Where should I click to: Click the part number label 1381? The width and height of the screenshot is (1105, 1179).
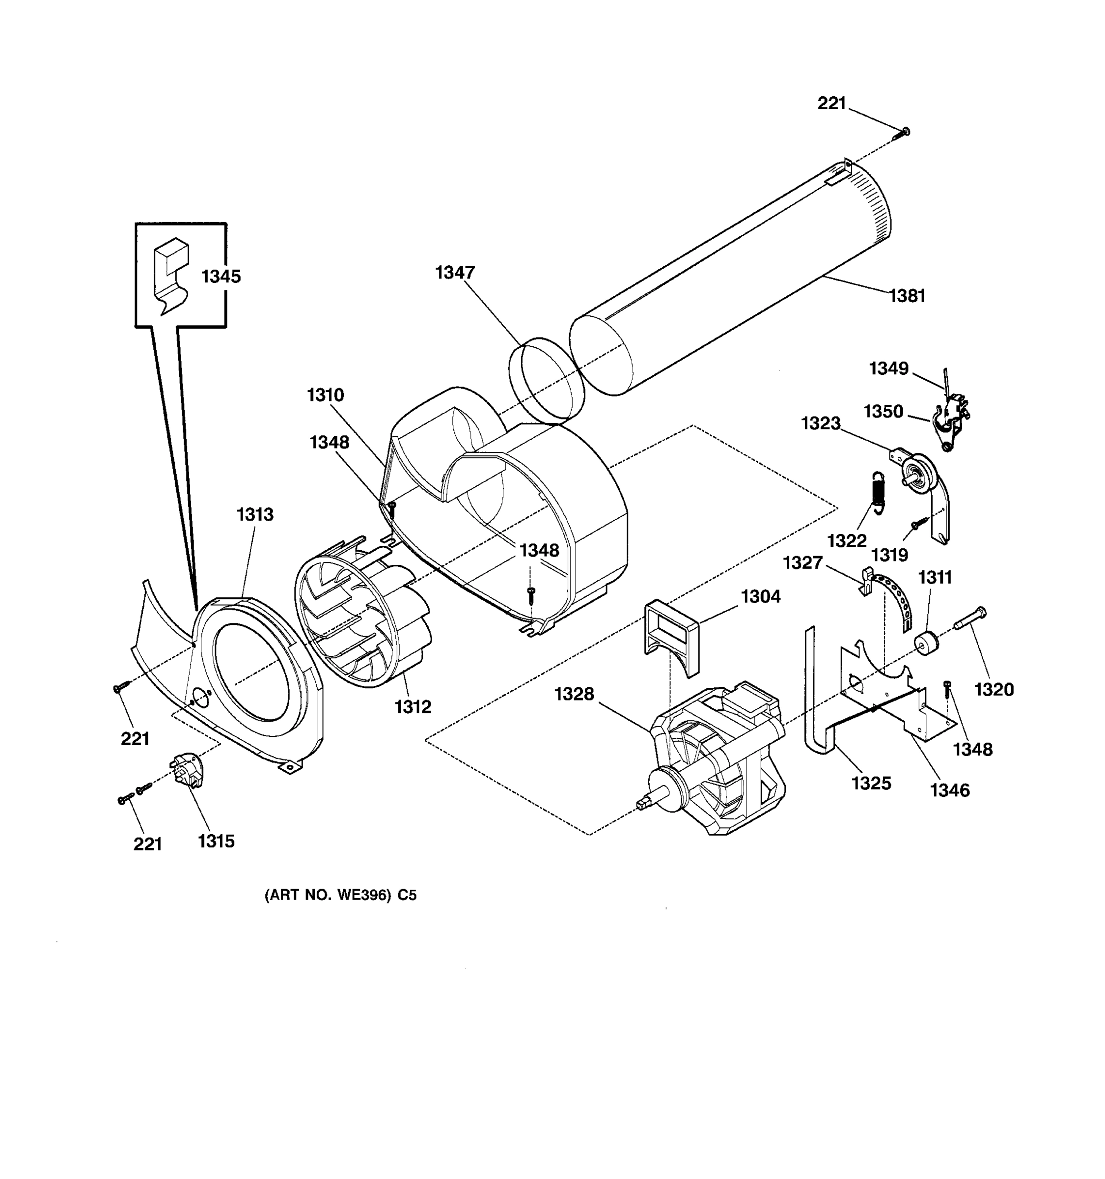tap(907, 295)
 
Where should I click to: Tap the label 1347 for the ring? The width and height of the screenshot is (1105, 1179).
tap(455, 272)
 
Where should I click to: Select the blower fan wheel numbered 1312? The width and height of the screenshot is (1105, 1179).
tap(363, 614)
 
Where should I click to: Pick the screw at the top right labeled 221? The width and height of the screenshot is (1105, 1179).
tap(902, 134)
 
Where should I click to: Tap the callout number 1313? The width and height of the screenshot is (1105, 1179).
tap(255, 514)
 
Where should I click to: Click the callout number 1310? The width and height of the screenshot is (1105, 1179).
tap(326, 394)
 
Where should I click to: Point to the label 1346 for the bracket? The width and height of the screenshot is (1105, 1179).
tap(950, 790)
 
